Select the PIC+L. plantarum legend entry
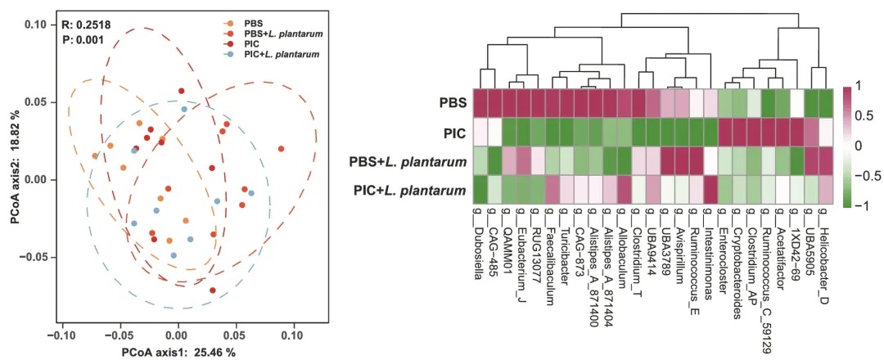tap(280, 54)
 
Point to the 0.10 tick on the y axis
tap(35, 25)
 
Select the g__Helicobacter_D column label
tap(825, 246)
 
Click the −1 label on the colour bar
tap(858, 205)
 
